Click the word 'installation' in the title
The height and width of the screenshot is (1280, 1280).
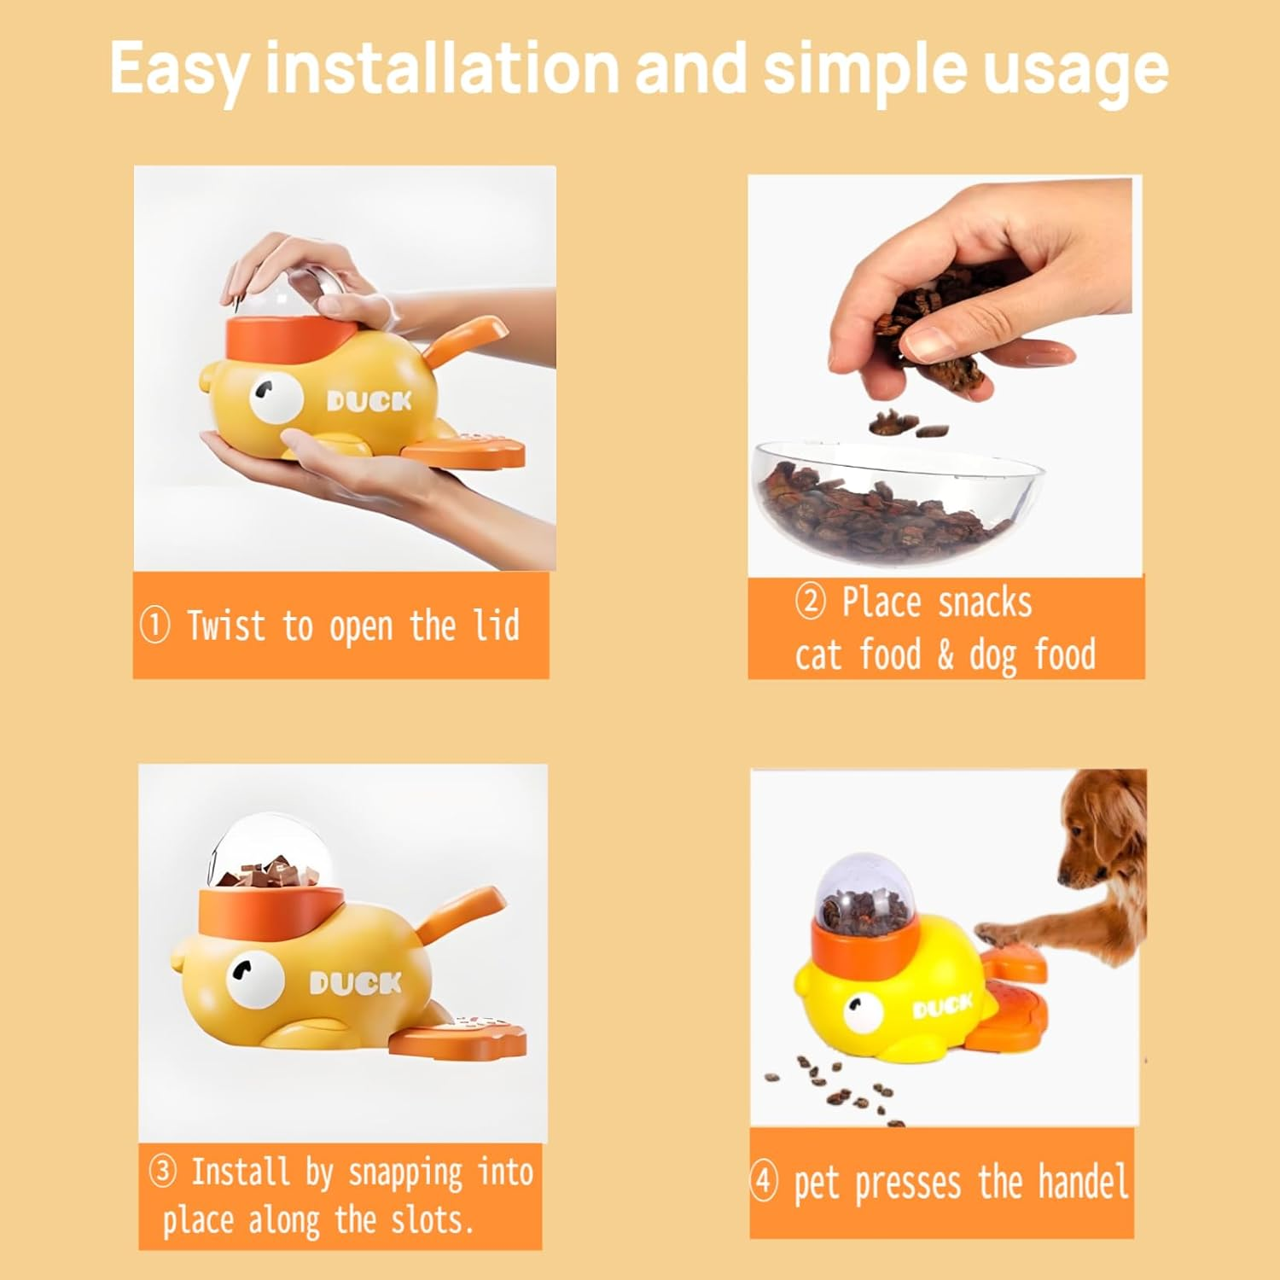point(442,68)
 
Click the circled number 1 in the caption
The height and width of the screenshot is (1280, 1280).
point(154,625)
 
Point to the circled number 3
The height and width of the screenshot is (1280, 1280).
point(162,1172)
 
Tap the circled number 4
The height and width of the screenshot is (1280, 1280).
point(764,1182)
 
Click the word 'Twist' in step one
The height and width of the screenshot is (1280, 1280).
point(226,625)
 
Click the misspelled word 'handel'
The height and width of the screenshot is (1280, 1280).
point(1083,1182)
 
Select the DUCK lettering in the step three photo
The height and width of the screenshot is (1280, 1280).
point(355,984)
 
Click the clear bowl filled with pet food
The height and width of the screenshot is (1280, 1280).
point(896,499)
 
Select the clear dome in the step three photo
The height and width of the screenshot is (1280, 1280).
point(265,853)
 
